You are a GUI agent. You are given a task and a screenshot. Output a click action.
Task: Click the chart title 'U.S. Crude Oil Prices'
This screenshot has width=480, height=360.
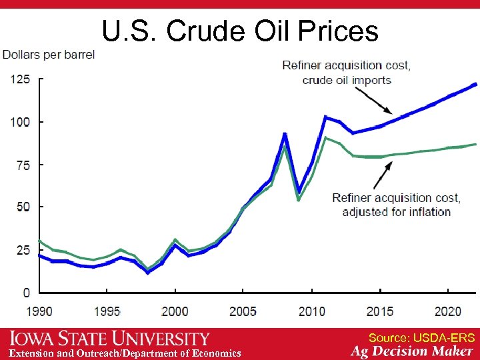(240, 30)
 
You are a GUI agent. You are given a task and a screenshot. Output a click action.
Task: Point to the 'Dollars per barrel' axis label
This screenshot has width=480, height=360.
(49, 54)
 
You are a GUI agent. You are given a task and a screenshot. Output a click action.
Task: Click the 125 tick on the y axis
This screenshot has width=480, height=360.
(20, 79)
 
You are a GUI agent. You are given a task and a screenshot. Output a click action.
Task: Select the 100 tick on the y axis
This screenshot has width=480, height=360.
(20, 122)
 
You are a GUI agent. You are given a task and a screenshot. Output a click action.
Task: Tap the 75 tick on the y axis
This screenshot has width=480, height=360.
(23, 165)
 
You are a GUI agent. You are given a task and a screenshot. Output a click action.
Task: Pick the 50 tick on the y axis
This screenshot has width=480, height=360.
(23, 207)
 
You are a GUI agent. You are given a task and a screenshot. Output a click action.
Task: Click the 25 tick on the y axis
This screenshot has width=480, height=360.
(23, 250)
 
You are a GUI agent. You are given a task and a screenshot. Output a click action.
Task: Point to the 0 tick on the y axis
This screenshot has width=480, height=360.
(26, 293)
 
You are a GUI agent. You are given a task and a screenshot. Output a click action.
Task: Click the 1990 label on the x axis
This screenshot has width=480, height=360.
(40, 311)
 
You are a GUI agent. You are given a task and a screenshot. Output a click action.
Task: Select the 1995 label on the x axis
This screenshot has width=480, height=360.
(107, 311)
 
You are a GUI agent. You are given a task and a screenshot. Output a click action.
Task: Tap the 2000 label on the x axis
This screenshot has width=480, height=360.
(175, 311)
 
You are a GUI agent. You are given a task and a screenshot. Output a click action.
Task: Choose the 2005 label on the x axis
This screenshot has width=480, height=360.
(243, 311)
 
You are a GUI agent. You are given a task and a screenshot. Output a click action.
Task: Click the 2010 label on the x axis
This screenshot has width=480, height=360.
(311, 311)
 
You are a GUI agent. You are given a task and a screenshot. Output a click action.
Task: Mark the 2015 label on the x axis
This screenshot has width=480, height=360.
(379, 311)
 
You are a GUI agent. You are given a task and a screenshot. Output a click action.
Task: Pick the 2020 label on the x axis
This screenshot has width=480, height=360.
(447, 311)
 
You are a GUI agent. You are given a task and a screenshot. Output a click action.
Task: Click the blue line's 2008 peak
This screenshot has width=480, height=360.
(285, 134)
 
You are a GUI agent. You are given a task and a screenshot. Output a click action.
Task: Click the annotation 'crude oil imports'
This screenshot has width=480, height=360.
(347, 80)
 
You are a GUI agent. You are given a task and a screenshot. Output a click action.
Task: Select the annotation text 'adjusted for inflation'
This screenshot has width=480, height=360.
(396, 212)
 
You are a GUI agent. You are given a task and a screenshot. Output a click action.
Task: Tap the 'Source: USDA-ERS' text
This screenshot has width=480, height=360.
(421, 338)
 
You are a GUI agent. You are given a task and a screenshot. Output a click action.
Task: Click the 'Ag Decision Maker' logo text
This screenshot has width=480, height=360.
(412, 351)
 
